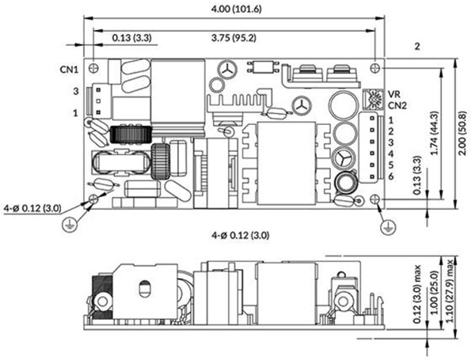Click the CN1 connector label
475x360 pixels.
(x=70, y=69)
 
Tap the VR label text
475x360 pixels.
(x=393, y=93)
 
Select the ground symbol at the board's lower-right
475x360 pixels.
(x=386, y=226)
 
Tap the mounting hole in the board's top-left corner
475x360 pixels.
(x=95, y=66)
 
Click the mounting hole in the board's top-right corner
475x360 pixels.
(x=374, y=66)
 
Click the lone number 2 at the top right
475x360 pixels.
(x=416, y=47)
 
